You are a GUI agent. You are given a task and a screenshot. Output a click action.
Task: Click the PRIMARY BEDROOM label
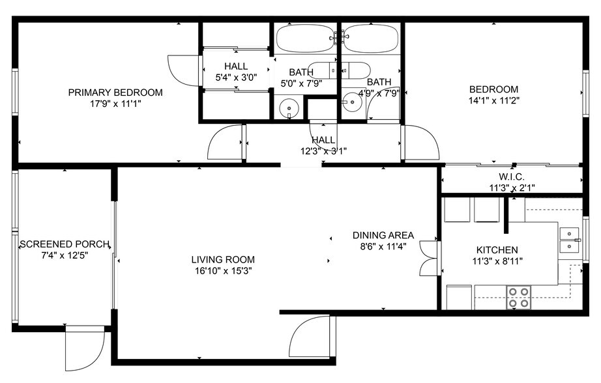(115, 92)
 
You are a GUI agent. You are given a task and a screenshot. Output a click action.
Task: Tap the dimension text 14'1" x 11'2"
(494, 100)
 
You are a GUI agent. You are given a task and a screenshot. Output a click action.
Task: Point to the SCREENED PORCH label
(64, 244)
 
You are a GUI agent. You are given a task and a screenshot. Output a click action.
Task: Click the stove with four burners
(520, 297)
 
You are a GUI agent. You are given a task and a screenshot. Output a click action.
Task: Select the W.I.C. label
(511, 177)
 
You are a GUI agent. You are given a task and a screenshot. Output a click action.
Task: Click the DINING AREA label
(383, 235)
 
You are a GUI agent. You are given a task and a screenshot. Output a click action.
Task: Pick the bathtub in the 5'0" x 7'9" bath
(305, 38)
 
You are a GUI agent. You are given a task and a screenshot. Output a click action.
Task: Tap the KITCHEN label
(497, 249)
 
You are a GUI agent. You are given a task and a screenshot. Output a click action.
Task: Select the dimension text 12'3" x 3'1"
(324, 150)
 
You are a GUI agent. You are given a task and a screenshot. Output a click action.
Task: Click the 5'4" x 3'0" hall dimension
(235, 77)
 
